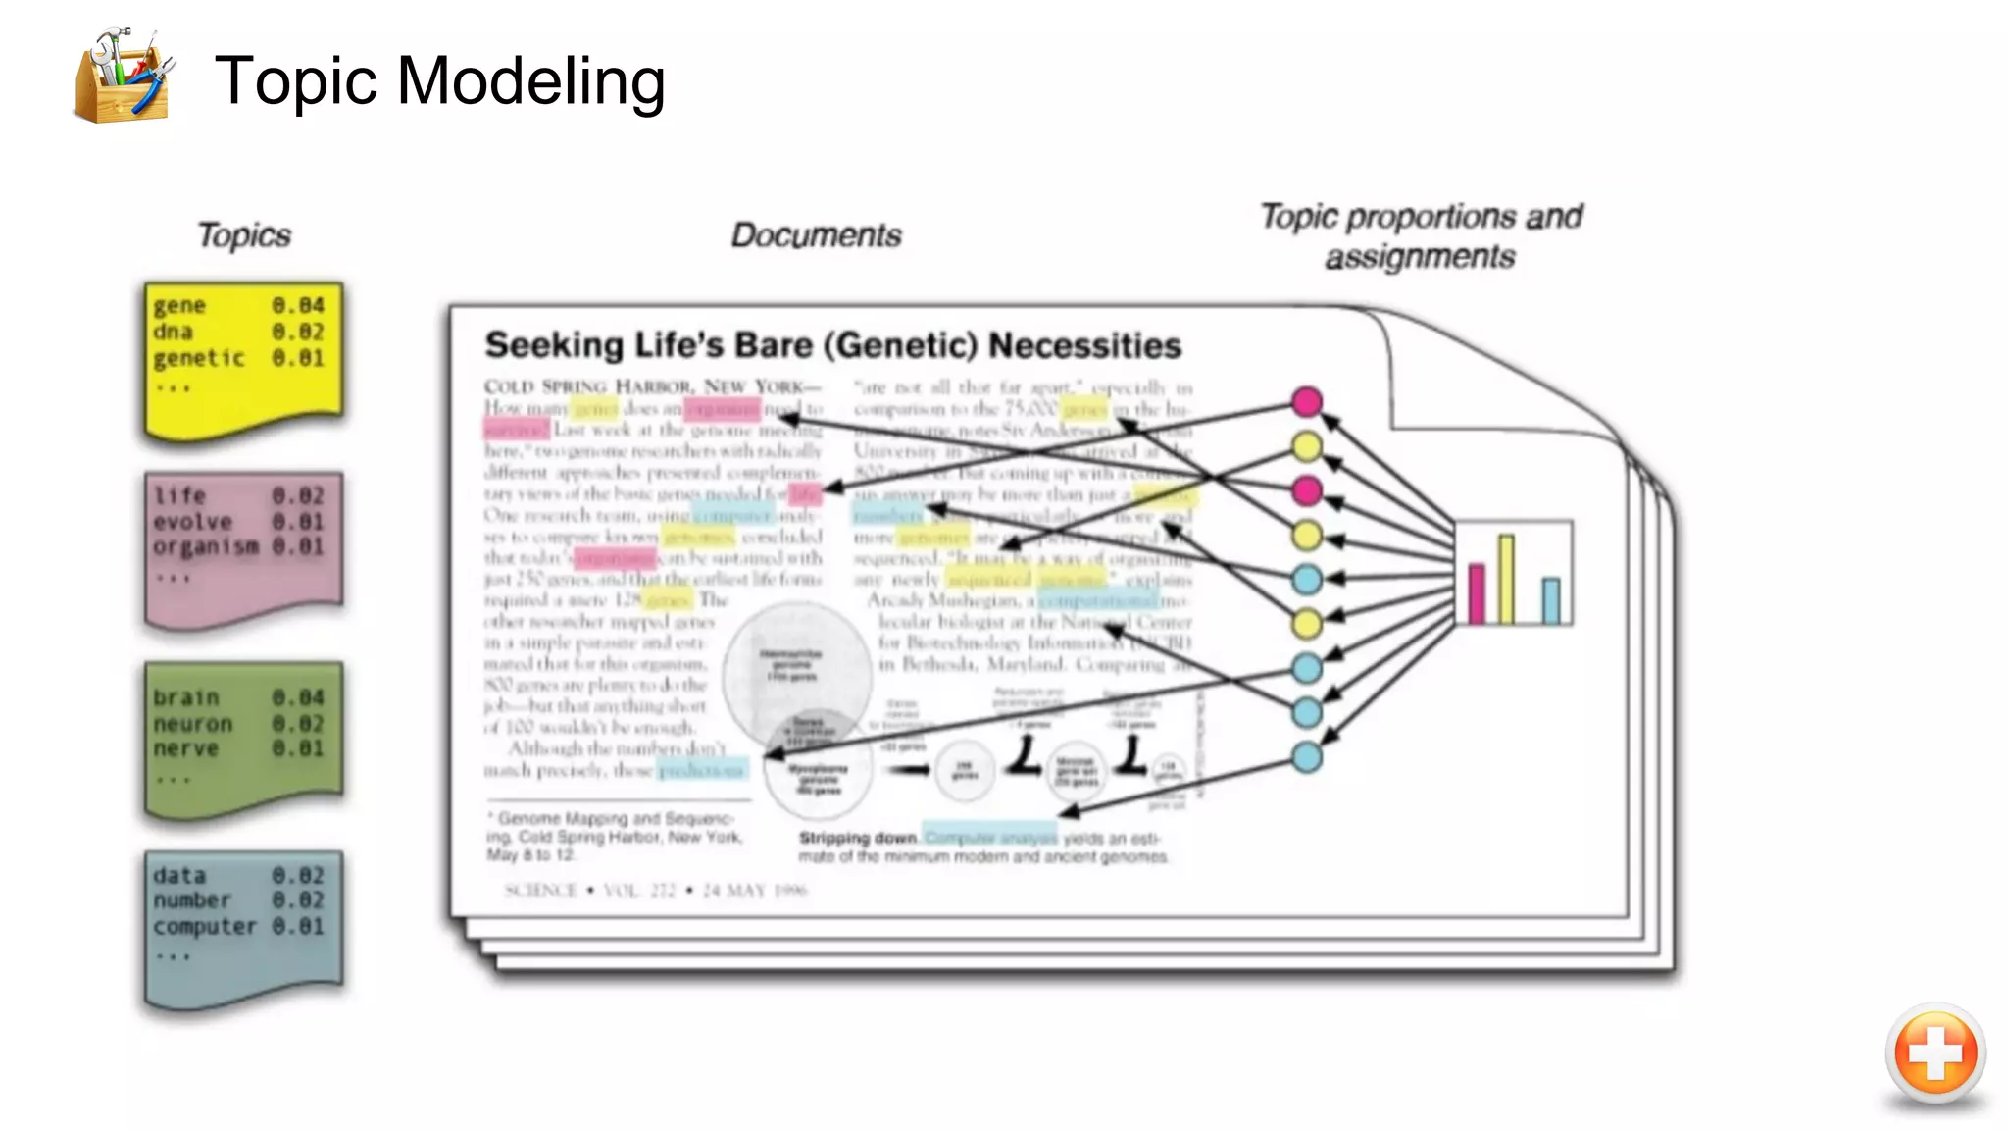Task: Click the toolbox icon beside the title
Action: click(123, 77)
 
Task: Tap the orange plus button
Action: click(1934, 1053)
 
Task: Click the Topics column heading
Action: click(244, 235)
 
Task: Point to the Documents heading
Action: click(816, 235)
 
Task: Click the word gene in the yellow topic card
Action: click(179, 306)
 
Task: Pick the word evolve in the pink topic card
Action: click(192, 522)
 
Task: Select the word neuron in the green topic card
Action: click(192, 724)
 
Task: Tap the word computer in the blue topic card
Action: click(204, 926)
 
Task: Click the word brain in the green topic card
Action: click(185, 697)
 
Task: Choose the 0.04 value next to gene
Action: click(298, 306)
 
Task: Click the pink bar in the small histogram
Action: click(1477, 593)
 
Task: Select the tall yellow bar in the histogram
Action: click(1506, 579)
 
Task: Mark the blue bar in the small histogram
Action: click(1551, 600)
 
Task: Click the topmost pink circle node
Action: click(1306, 401)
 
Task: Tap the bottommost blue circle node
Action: click(1306, 757)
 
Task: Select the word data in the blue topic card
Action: click(179, 875)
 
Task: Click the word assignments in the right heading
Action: click(1420, 257)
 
